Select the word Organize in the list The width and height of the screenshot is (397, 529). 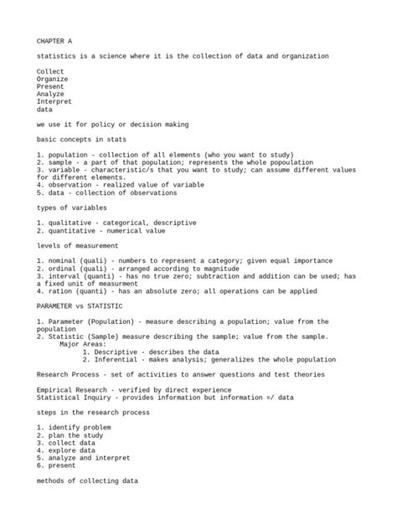pyautogui.click(x=54, y=79)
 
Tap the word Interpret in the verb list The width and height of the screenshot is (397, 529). pyautogui.click(x=55, y=101)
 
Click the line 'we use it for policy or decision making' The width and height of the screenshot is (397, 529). pyautogui.click(x=112, y=124)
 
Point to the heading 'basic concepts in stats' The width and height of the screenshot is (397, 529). pyautogui.click(x=83, y=139)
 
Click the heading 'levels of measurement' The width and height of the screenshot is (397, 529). pyautogui.click(x=77, y=245)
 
